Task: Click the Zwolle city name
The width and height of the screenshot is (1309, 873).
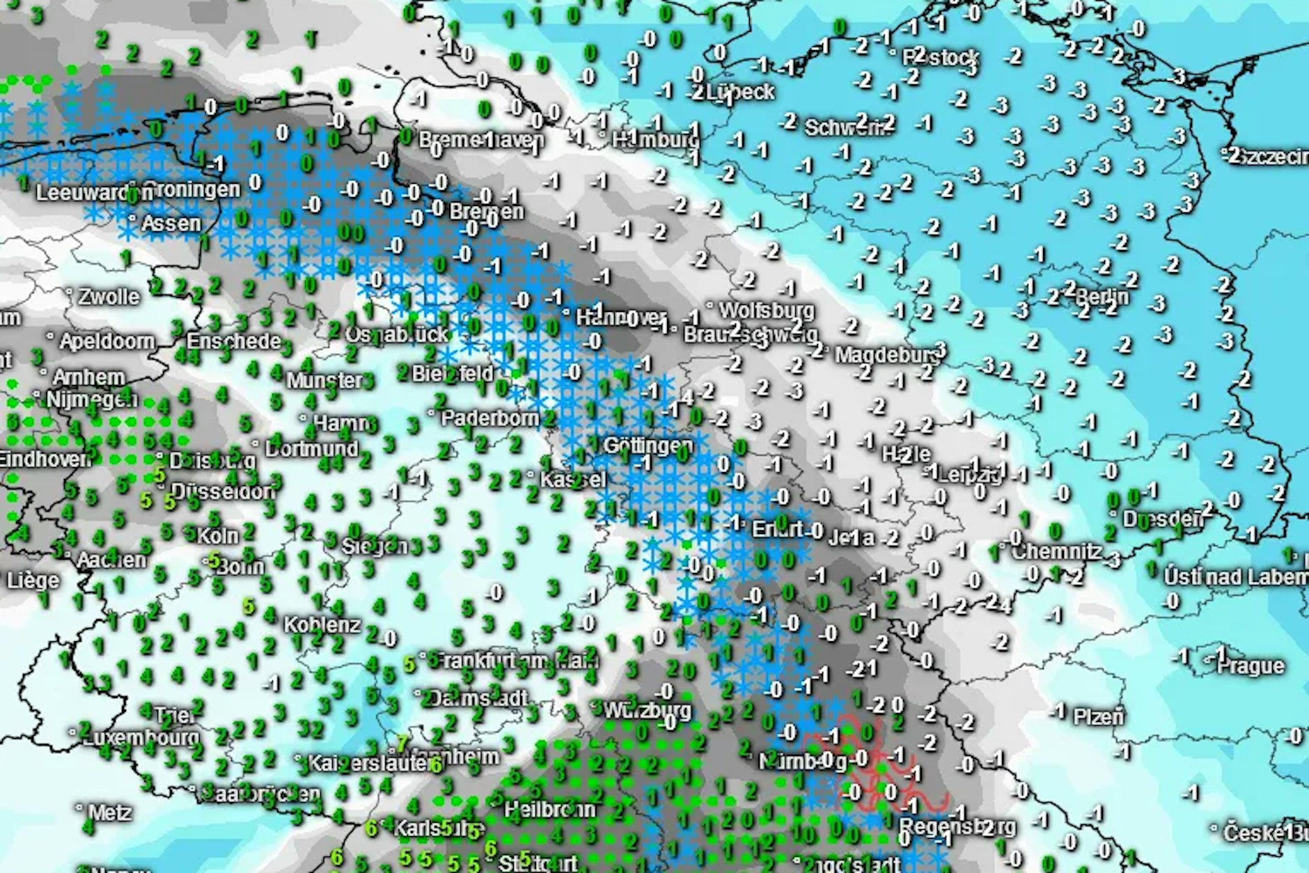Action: (x=109, y=297)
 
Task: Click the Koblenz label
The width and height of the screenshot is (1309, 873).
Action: (x=322, y=624)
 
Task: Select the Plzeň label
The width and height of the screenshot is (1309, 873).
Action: (x=1098, y=716)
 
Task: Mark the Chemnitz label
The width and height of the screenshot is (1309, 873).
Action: (x=1056, y=552)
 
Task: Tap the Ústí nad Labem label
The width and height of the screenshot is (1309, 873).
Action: (x=1235, y=576)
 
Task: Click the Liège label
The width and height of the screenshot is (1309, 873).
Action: (x=33, y=580)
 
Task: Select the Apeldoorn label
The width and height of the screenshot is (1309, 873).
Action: (x=107, y=341)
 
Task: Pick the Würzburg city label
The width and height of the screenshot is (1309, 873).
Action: (x=647, y=710)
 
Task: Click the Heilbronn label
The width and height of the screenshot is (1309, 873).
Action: (x=549, y=809)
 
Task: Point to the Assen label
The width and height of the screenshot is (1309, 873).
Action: (x=171, y=223)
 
